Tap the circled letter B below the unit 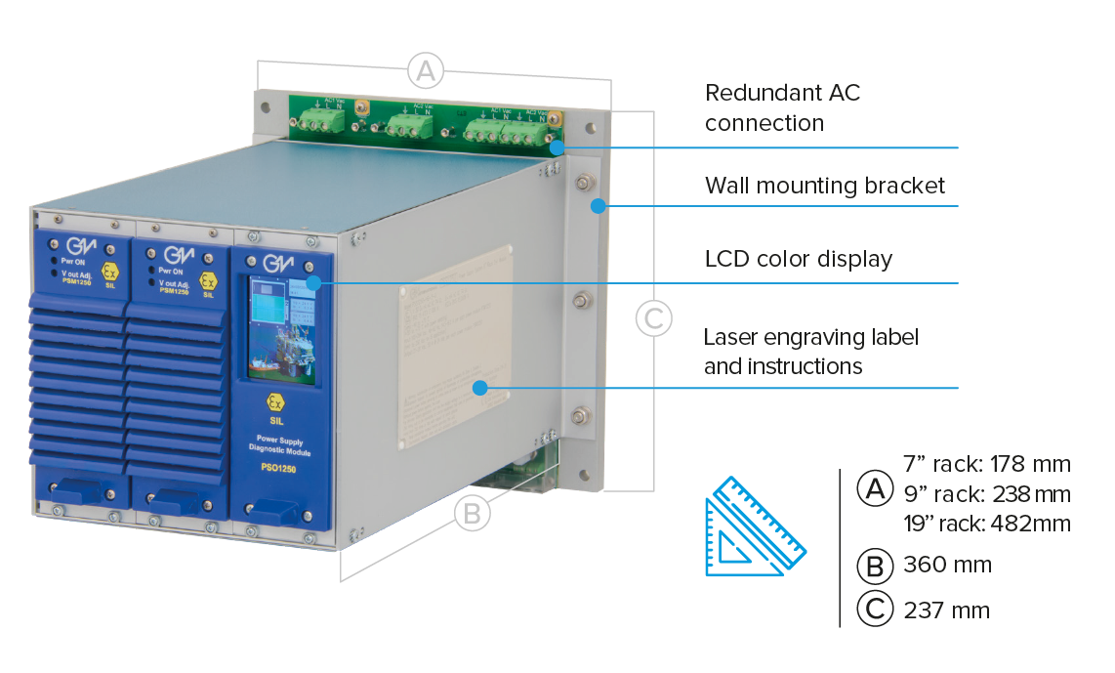point(472,513)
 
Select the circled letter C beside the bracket point(653,317)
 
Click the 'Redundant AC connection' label point(782,107)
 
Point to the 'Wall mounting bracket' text point(825,186)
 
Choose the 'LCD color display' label point(798,259)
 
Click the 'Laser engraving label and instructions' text point(811,352)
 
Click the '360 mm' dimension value point(948,565)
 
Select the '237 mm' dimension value point(948,610)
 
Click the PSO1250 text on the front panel point(279,468)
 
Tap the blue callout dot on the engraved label point(479,388)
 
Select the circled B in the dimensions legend point(874,566)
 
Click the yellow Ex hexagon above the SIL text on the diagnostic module point(277,402)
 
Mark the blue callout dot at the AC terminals point(557,148)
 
